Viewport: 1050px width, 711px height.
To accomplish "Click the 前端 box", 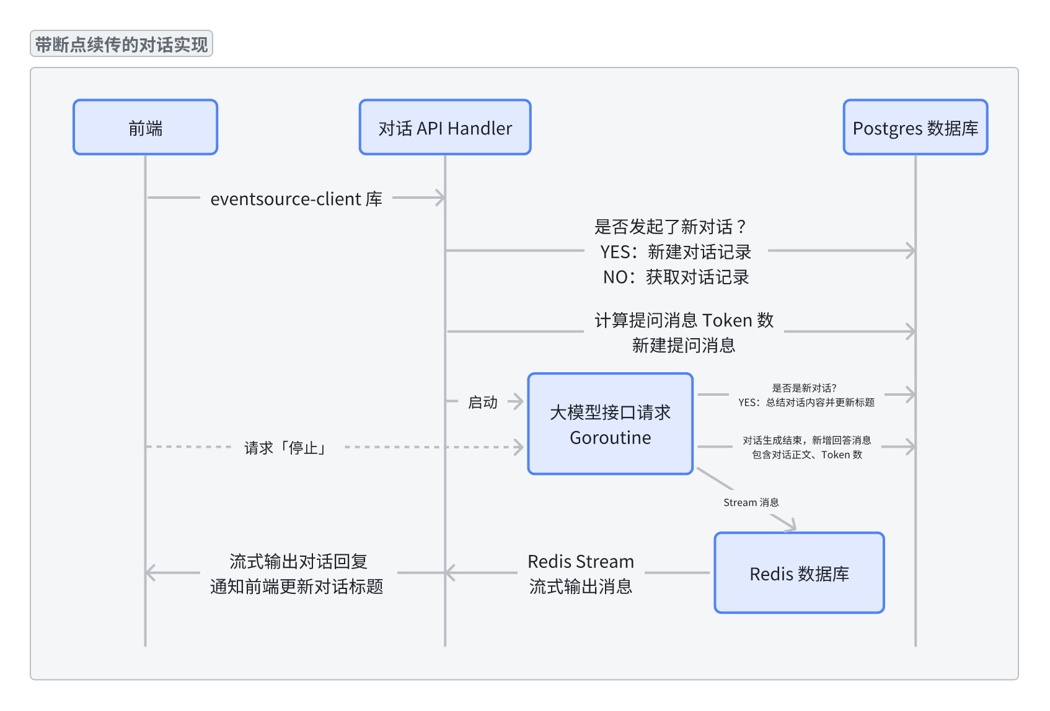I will click(145, 127).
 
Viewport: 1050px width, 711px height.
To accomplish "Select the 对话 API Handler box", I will click(445, 127).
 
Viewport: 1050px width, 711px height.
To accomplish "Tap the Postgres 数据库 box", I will click(915, 127).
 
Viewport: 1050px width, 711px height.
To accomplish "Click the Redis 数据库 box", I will click(799, 573).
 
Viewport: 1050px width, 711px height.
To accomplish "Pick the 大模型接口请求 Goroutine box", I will click(610, 424).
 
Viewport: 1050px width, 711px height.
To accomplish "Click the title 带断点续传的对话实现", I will click(121, 44).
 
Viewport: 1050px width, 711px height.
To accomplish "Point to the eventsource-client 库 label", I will click(296, 199).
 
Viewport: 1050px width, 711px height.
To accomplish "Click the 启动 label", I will click(482, 402).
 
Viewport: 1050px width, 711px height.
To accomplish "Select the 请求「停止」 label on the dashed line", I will click(286, 447).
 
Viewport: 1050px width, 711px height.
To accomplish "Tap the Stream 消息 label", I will click(751, 502).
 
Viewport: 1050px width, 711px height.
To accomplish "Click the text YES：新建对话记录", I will click(675, 251).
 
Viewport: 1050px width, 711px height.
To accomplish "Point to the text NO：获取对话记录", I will click(676, 277).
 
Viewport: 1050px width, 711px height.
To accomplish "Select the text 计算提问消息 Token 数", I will click(684, 320).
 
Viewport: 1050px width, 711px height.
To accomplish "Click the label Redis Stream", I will click(581, 561).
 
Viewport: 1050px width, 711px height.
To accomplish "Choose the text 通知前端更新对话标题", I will click(296, 587).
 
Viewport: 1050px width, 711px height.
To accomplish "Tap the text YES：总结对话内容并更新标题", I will click(806, 403).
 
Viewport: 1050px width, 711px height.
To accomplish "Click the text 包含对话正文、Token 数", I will click(806, 455).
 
